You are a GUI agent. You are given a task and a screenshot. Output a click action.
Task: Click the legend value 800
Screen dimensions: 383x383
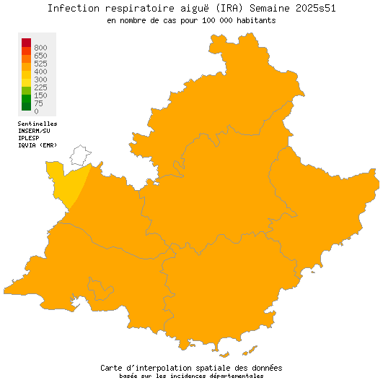pyautogui.click(x=40, y=48)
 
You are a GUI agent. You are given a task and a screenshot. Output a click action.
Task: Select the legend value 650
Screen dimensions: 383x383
pyautogui.click(x=40, y=56)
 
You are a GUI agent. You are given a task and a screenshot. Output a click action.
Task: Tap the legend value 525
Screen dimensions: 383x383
pyautogui.click(x=40, y=64)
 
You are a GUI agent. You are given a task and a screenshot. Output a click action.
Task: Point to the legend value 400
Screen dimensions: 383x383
pyautogui.click(x=40, y=72)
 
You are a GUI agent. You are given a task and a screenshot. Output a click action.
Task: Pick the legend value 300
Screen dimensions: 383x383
pyautogui.click(x=40, y=79)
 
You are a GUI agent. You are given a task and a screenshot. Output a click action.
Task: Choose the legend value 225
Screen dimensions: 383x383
pyautogui.click(x=40, y=87)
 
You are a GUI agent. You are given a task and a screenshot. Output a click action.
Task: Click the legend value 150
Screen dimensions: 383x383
pyautogui.click(x=40, y=95)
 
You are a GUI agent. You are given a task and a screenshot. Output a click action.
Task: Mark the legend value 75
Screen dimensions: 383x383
pyautogui.click(x=38, y=103)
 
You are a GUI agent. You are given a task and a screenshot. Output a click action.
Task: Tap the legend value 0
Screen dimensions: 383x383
pyautogui.click(x=36, y=111)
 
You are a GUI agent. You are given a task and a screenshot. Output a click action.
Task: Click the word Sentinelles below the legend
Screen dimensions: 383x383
pyautogui.click(x=38, y=124)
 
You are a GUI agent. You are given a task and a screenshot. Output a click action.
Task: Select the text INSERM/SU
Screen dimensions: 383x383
pyautogui.click(x=35, y=131)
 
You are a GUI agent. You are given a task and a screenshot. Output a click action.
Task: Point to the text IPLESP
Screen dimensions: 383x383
pyautogui.click(x=29, y=138)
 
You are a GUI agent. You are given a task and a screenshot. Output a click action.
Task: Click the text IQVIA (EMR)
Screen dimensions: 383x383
pyautogui.click(x=38, y=145)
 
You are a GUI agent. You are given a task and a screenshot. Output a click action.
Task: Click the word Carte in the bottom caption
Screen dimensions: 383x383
pyautogui.click(x=114, y=367)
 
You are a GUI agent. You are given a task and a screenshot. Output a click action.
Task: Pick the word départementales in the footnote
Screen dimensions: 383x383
pyautogui.click(x=236, y=376)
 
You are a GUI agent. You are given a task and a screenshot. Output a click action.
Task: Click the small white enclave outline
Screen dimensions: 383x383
pyautogui.click(x=79, y=155)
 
